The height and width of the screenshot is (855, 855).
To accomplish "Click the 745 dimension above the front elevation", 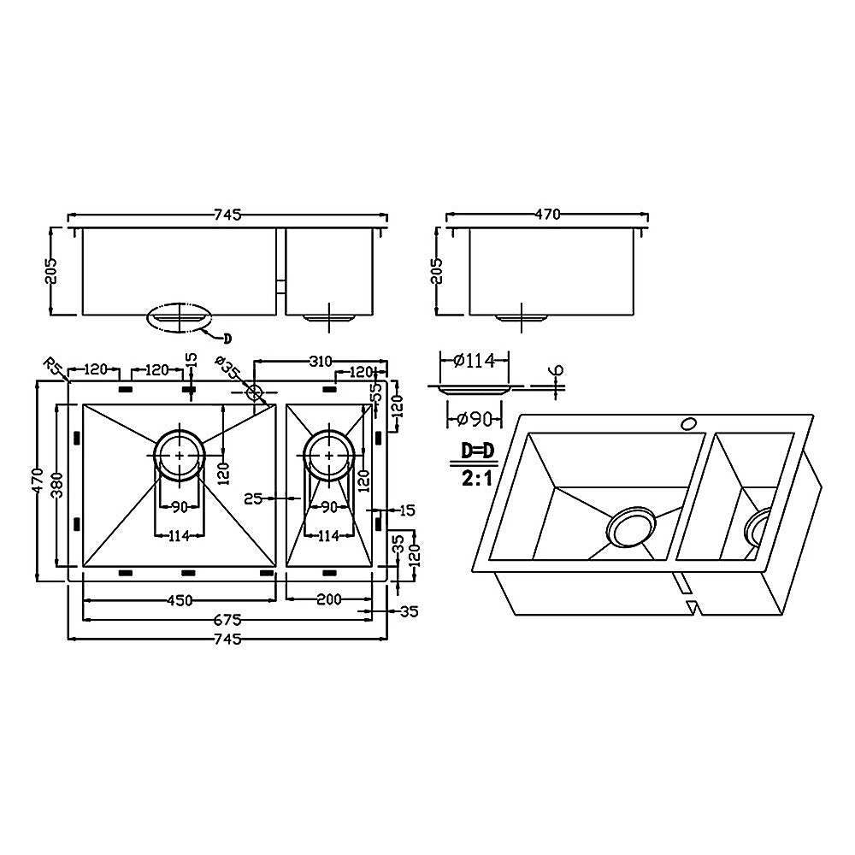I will tap(228, 214).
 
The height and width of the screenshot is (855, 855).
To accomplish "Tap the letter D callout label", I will tap(227, 336).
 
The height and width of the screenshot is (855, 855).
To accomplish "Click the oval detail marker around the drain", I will tap(177, 316).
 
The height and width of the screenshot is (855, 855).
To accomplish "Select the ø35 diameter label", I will tap(228, 369).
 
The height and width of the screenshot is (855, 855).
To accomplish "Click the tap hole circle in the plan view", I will tap(254, 392).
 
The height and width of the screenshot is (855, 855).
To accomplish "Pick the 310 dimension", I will tap(321, 362).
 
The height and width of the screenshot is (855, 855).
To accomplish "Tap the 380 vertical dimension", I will tap(56, 485).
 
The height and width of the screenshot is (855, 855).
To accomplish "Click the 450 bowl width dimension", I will tap(179, 599).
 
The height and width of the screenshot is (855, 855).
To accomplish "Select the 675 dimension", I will tap(227, 619).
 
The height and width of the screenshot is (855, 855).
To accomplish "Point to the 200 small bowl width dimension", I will tap(329, 599).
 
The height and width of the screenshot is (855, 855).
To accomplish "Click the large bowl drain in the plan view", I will tap(179, 455).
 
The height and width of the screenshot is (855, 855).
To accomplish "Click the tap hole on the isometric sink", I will tap(687, 422).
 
